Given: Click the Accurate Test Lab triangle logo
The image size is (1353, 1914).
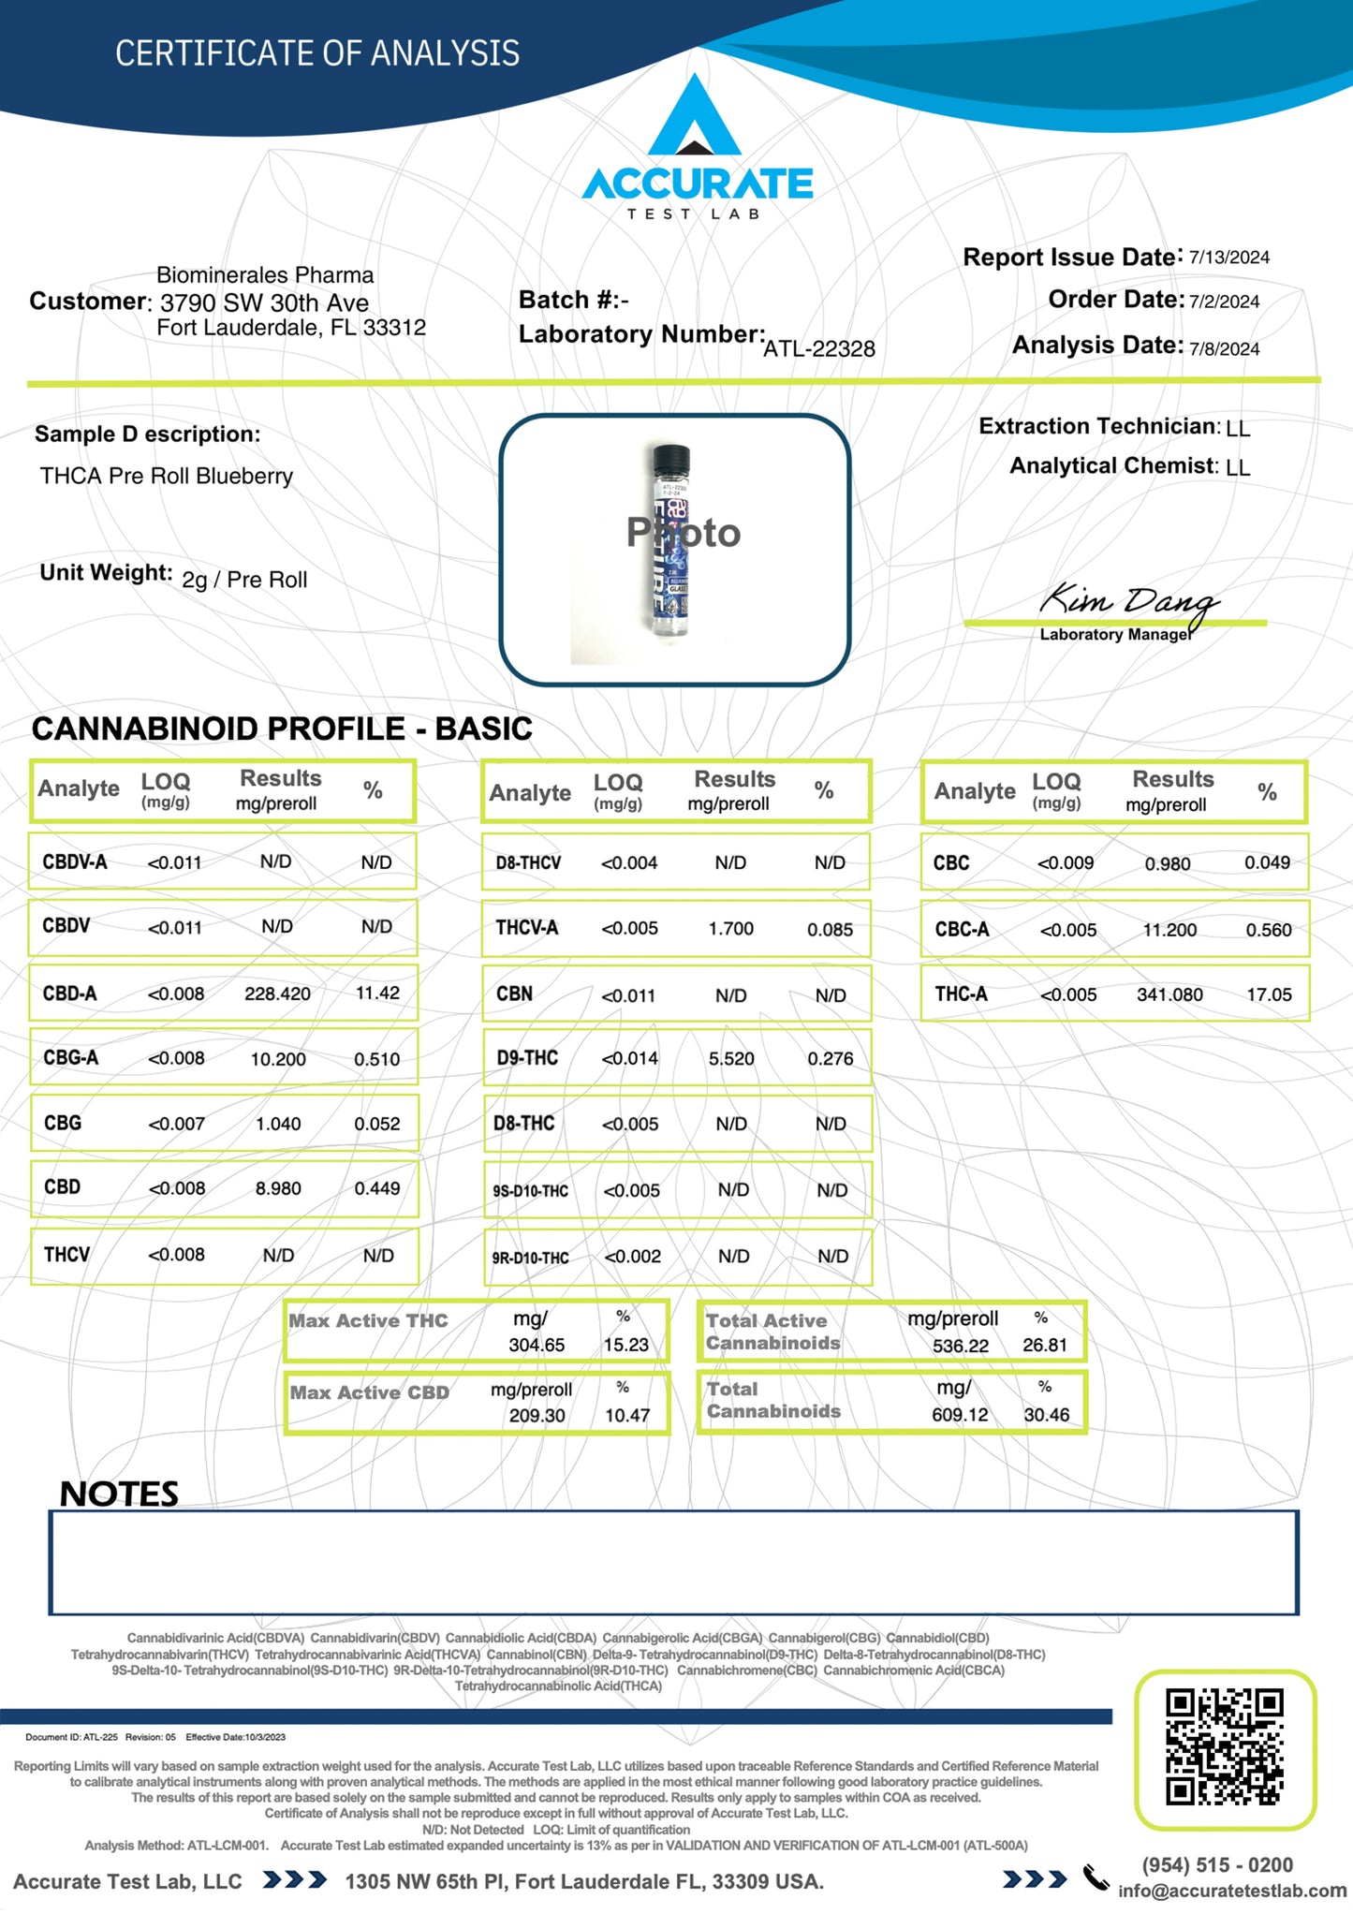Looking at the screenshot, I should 695,118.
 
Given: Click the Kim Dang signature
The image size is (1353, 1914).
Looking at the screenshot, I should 1128,601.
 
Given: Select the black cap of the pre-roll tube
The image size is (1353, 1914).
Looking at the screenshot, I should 670,459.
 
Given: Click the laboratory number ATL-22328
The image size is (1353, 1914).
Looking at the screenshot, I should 818,349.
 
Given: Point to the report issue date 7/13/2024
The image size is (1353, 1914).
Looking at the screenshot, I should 1228,258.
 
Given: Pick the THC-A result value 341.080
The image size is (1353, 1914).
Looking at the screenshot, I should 1169,994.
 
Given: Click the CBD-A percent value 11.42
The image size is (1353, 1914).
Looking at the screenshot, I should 377,993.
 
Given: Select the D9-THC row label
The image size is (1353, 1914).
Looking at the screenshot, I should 527,1058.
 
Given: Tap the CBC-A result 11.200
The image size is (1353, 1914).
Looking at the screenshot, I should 1169,930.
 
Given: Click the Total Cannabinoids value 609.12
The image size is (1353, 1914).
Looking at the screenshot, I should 960,1414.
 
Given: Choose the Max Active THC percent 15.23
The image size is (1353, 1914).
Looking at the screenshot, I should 625,1345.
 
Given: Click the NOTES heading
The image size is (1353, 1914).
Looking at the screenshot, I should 119,1494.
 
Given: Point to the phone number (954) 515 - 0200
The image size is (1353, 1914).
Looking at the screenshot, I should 1216,1864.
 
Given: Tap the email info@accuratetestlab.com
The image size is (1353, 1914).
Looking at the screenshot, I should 1231,1891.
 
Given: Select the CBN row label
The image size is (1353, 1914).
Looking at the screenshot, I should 514,994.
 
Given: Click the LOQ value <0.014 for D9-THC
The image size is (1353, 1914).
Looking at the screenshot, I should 629,1058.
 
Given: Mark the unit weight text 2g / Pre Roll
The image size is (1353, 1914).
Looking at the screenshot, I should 244,580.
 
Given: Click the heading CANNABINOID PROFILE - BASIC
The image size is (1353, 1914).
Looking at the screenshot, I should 282,729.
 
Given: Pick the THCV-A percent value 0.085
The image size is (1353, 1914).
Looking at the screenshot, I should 830,930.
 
